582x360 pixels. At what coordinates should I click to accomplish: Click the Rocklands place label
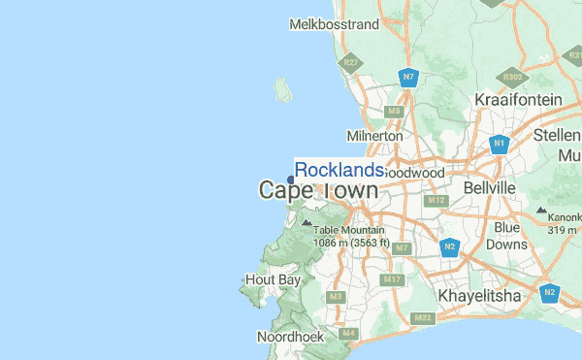339,170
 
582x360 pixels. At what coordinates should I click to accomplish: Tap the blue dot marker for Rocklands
291,179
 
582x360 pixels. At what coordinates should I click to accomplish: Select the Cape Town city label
318,190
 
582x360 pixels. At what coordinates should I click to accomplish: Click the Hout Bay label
268,279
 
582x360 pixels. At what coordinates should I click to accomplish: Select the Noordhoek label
284,337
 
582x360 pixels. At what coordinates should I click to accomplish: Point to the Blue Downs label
507,236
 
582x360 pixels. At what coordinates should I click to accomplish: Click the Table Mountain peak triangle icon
307,221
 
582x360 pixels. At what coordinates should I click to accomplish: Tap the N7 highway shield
409,77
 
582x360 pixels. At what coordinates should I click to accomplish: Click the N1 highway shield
500,145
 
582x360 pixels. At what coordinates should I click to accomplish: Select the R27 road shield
350,63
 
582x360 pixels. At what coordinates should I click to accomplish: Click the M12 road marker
436,200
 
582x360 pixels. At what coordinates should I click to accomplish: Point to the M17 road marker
392,279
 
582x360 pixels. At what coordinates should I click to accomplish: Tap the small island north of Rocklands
282,89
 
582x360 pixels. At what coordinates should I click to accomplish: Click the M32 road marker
422,317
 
